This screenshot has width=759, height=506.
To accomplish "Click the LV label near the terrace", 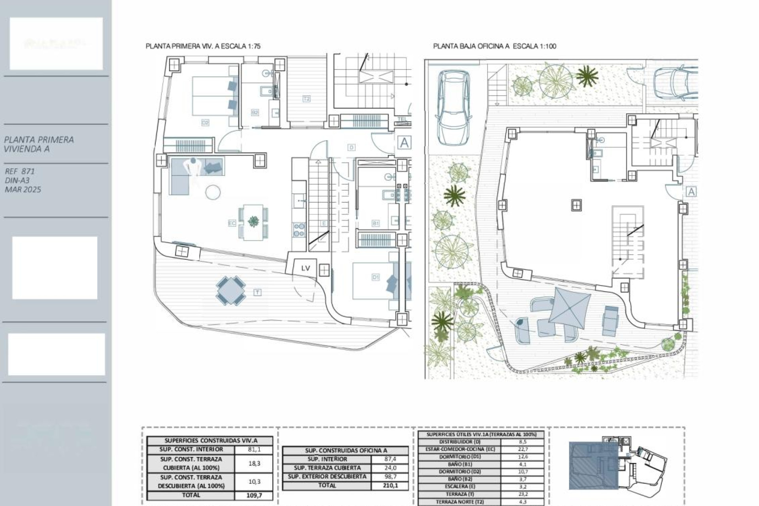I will tap(306, 268).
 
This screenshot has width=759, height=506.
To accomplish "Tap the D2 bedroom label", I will tap(205, 123).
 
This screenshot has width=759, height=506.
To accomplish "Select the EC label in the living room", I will tap(232, 223).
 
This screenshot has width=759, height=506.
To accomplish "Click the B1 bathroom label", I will tap(376, 223).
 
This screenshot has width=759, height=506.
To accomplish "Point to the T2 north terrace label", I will tap(306, 99).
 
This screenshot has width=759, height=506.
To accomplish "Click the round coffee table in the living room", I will tap(213, 193).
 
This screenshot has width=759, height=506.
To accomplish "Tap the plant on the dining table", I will tap(253, 221).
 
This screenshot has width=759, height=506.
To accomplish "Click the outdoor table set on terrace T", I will tap(230, 291).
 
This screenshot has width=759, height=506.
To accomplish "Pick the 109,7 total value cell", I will tap(254, 495).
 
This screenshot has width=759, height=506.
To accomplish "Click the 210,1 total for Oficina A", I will tap(390, 485).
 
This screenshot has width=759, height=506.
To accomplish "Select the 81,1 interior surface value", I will tap(254, 449).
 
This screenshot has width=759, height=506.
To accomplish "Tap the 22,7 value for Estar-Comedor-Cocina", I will tap(522, 449).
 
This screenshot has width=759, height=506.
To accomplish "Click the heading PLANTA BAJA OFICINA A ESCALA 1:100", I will tap(495, 46).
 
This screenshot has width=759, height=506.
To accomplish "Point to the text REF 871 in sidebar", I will tap(20, 171).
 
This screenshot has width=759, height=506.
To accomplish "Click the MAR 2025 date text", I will tap(23, 189).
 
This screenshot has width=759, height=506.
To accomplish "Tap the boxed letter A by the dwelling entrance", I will tap(404, 142).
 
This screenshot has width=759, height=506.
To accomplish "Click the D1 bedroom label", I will tap(376, 277).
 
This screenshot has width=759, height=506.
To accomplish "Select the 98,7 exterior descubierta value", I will tap(390, 477).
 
